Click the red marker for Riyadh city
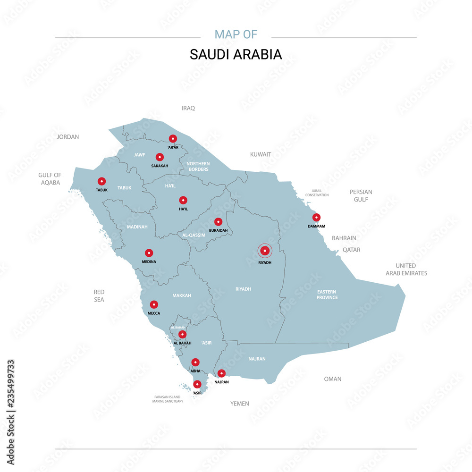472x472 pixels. coord(265,251)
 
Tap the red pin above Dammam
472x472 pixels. coord(316,218)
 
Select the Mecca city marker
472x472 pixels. coord(154,304)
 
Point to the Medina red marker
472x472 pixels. coord(149,253)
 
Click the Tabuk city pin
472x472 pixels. coord(101,181)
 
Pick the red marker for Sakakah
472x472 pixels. coord(160,157)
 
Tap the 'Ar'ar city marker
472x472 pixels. coord(173,139)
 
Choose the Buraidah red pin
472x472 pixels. coord(218,221)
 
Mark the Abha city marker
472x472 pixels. coord(195,362)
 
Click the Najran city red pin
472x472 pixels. coord(221,373)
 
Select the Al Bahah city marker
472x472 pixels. coord(182,335)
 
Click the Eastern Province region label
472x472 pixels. coord(327,295)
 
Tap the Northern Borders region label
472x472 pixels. coord(198,166)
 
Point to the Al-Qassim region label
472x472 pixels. coord(194,235)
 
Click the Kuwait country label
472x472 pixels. coord(261,154)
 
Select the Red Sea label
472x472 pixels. coord(99,296)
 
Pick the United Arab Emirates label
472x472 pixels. coord(406,270)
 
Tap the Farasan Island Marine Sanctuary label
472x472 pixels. coord(168,399)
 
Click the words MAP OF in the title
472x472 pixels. coord(236,34)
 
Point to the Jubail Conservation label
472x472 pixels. coord(317,193)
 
